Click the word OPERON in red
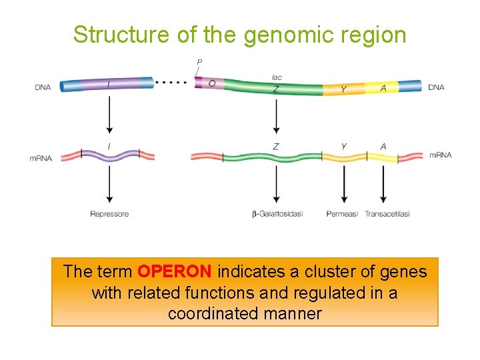click(174, 272)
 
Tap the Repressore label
click(109, 214)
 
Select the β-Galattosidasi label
click(277, 214)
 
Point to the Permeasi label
click(342, 214)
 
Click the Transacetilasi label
click(387, 214)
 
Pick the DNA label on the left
click(43, 87)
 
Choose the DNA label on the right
click(436, 87)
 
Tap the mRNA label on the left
click(41, 158)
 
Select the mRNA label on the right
click(440, 155)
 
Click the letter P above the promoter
click(199, 63)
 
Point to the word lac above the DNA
click(277, 77)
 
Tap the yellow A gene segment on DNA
click(383, 87)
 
